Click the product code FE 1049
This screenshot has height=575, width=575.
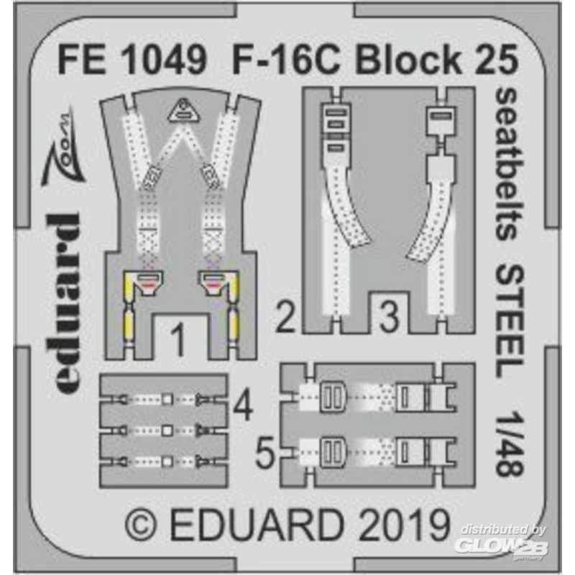point(132,61)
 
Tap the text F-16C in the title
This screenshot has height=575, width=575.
point(286,61)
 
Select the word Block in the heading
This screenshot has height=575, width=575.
point(408,61)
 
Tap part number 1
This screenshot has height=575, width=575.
point(178,341)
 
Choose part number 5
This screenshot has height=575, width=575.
point(264,453)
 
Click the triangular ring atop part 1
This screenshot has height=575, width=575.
point(183,110)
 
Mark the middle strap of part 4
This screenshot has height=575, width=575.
point(164,430)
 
